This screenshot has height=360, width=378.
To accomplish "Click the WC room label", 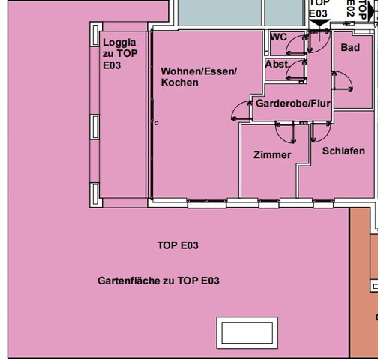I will [x=278, y=37].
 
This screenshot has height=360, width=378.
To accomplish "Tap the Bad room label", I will [x=350, y=48].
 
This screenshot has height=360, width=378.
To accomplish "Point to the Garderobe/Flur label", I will [x=292, y=103].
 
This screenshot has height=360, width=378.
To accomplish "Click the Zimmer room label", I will [x=272, y=155].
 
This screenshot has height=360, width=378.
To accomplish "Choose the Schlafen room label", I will [x=343, y=151].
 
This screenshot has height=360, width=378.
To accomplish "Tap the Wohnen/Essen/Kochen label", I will [x=198, y=76].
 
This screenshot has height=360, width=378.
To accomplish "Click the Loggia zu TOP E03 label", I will [x=120, y=54].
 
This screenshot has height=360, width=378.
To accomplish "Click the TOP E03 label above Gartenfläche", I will [x=178, y=245].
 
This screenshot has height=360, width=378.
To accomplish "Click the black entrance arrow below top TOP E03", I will [x=319, y=23].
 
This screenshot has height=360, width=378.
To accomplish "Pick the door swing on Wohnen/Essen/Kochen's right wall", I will [x=241, y=111].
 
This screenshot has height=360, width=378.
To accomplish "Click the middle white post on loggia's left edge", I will [x=95, y=127].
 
